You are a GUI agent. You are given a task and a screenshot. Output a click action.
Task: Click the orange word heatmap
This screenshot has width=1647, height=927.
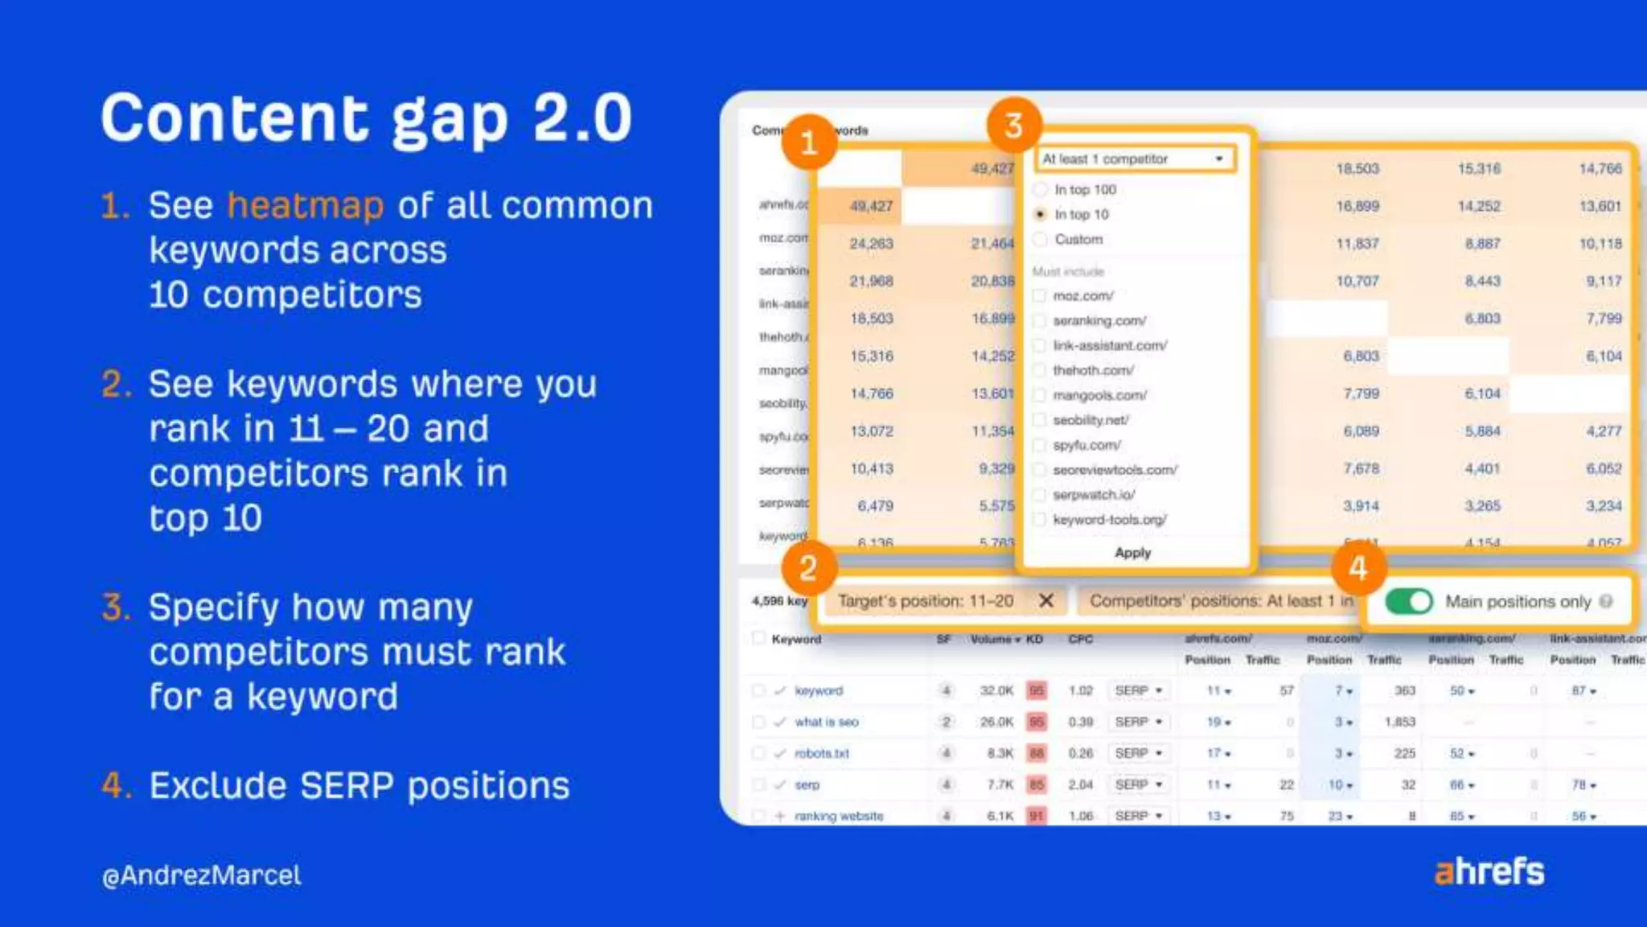tap(306, 206)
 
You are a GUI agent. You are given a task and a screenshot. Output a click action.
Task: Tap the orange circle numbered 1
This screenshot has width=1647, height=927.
tap(809, 142)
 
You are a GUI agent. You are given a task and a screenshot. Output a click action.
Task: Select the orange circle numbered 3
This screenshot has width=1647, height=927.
tap(1014, 126)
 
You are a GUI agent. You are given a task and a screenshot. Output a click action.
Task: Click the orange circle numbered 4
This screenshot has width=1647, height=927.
tap(1358, 568)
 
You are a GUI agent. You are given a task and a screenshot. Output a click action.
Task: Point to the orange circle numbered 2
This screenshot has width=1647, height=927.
tap(808, 568)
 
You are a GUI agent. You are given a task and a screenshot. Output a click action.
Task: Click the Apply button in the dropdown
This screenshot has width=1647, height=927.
tap(1132, 553)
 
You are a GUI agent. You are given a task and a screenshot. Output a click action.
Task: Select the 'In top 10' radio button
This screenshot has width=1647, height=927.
tap(1040, 215)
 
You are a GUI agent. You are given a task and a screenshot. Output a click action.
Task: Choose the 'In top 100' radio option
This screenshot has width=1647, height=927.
tap(1040, 190)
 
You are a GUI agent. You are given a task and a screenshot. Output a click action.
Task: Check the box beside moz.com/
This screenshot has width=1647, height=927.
tap(1040, 296)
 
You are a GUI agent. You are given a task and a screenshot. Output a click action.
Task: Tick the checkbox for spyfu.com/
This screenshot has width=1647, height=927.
tap(1040, 445)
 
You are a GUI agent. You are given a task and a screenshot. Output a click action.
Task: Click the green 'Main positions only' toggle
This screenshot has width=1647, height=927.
tap(1409, 601)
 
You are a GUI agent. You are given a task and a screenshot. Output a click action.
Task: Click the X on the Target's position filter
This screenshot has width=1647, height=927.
tap(1046, 600)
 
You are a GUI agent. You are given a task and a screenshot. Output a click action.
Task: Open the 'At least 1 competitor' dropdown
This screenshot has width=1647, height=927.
tap(1134, 159)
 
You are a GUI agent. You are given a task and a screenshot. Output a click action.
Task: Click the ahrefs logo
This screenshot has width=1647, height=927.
tap(1489, 871)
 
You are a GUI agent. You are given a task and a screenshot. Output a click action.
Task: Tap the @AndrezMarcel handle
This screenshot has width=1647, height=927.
tap(202, 875)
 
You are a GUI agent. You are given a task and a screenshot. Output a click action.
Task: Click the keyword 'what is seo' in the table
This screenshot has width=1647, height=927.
tap(827, 722)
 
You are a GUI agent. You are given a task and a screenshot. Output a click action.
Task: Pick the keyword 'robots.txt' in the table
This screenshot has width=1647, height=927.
tap(822, 753)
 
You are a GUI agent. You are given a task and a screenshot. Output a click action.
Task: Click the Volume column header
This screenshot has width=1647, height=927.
tap(994, 639)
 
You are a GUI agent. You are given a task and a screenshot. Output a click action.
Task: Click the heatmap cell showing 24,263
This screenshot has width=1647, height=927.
tap(871, 243)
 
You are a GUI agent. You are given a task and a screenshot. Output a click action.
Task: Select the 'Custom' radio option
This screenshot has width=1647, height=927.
tap(1040, 240)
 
